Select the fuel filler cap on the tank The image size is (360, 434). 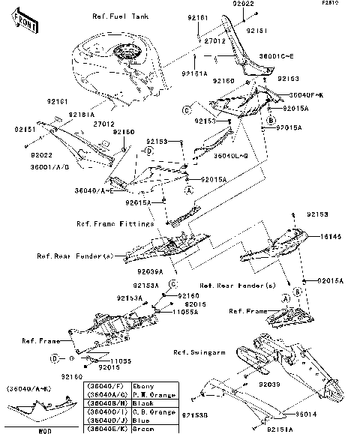pos(124,54)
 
